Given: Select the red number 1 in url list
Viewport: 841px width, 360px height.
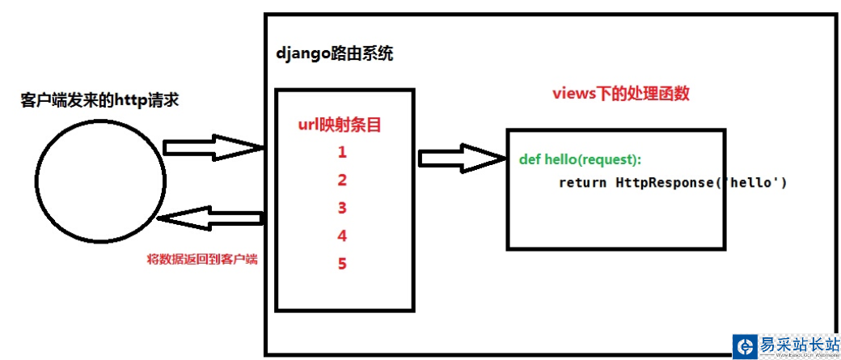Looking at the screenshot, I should click(342, 151).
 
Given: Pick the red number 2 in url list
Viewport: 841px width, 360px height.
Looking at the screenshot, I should click(342, 180).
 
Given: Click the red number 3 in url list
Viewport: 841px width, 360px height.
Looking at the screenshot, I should click(342, 208).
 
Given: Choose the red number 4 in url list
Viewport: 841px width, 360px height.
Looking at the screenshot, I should click(342, 236).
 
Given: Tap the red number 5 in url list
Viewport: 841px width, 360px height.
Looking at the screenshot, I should click(342, 264).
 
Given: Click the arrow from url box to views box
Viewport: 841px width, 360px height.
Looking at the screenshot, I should click(461, 156).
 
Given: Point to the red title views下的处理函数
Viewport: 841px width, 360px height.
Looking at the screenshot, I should click(620, 93).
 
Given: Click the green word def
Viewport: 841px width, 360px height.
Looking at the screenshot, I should click(530, 159).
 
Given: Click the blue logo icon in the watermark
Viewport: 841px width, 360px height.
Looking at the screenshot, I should click(744, 346).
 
